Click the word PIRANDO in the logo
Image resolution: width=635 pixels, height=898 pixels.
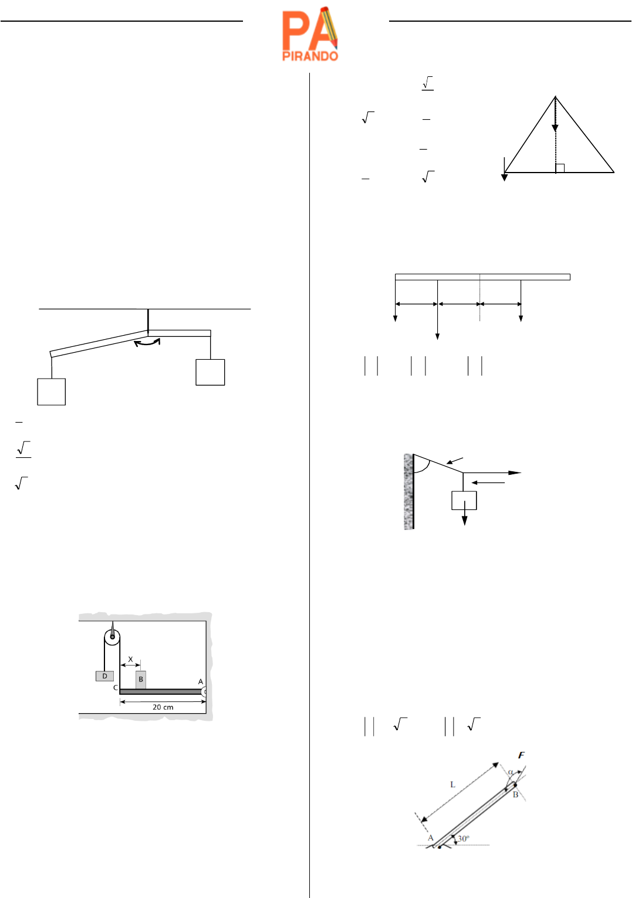(310, 56)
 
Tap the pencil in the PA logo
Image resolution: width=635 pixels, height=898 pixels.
(329, 27)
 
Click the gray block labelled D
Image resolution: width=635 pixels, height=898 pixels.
(104, 676)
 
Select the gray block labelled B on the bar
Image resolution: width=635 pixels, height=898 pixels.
(141, 680)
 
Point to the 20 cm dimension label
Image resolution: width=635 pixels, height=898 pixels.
(163, 707)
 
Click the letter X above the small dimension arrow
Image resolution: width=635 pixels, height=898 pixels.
(130, 659)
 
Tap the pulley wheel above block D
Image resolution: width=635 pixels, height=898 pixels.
(112, 637)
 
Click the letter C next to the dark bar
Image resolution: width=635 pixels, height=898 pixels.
(116, 688)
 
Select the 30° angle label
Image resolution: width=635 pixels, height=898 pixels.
(464, 838)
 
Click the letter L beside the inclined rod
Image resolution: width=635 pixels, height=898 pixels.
(452, 785)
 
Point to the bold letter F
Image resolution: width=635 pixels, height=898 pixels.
(521, 755)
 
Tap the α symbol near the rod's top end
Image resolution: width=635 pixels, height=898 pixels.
(511, 772)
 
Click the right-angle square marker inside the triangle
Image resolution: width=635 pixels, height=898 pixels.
(560, 168)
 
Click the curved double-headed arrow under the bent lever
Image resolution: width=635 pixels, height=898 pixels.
(147, 342)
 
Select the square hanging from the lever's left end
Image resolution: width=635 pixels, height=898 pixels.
(51, 391)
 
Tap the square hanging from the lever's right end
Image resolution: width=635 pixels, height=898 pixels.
(210, 373)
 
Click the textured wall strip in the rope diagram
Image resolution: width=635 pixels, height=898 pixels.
(408, 491)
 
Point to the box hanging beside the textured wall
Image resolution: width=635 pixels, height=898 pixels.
(464, 500)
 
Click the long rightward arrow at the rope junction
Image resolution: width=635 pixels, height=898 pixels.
(492, 472)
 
